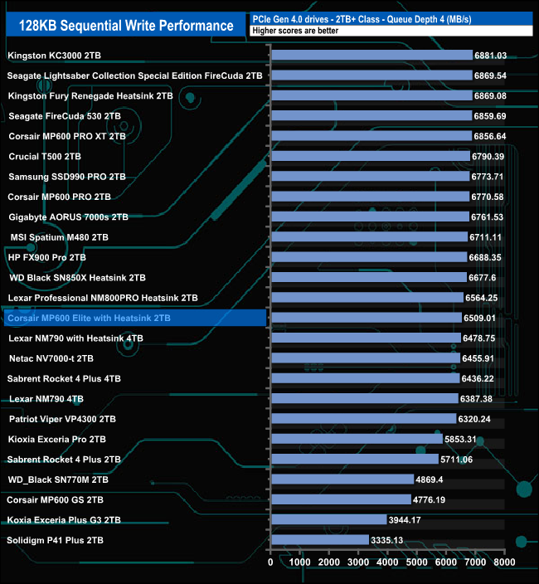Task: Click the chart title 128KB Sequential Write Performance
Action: coord(121,26)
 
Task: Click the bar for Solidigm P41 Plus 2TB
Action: coord(320,540)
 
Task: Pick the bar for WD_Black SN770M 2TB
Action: coord(342,479)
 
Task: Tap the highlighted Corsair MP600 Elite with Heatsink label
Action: coord(88,318)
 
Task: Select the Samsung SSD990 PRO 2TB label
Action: coord(66,177)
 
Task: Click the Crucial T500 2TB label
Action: coord(45,156)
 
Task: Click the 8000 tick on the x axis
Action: coord(503,562)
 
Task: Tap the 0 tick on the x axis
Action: coord(271,562)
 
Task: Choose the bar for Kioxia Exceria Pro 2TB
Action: coord(357,439)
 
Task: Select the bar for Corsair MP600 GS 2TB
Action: coord(341,499)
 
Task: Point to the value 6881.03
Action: coord(490,56)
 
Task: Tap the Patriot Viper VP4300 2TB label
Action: coord(62,419)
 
